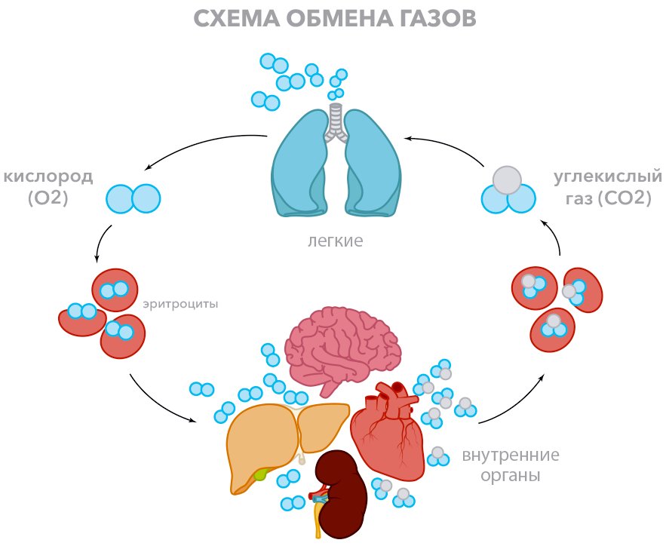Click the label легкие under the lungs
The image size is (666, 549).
click(x=336, y=241)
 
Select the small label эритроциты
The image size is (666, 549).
click(x=180, y=305)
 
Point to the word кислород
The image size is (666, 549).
click(x=48, y=176)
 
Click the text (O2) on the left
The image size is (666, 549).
click(x=48, y=199)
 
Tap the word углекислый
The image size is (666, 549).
click(x=607, y=176)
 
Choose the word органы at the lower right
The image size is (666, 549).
click(x=513, y=477)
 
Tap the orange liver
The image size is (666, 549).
click(x=260, y=445)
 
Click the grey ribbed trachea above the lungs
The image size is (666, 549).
click(x=336, y=121)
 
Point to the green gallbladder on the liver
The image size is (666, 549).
click(x=260, y=474)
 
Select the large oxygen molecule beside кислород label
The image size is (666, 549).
click(x=134, y=198)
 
